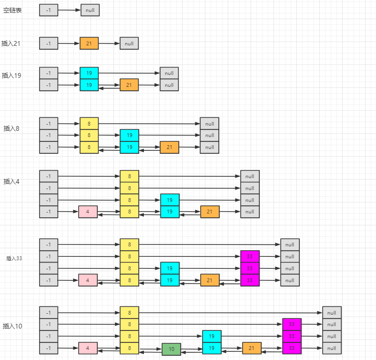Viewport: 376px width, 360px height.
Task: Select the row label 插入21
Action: point(10,43)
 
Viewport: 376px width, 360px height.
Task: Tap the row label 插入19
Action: point(11,75)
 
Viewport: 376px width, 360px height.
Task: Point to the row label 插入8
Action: point(11,128)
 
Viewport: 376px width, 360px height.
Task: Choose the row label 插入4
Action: point(11,181)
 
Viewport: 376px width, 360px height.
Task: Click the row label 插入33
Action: point(14,258)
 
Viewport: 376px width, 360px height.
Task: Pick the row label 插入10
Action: point(12,326)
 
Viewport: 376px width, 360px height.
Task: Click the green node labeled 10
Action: point(171,349)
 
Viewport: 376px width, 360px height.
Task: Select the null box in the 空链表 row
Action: point(90,10)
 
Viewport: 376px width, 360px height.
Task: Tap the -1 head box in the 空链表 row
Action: point(49,10)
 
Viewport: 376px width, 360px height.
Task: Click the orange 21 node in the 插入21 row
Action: point(89,43)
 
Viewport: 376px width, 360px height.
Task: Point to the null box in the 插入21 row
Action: point(129,43)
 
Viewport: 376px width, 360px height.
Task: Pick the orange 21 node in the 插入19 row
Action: point(129,85)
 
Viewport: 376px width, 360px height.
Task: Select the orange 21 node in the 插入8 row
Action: point(169,147)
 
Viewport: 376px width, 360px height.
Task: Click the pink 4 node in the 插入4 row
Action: point(88,212)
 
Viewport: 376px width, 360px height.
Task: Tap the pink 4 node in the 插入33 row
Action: point(88,280)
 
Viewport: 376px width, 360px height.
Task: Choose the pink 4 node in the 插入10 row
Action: point(88,348)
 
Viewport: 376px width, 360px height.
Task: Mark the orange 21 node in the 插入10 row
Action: point(252,348)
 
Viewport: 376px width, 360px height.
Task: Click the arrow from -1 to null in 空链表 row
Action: point(69,10)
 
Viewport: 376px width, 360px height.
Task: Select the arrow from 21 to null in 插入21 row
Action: point(109,43)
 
